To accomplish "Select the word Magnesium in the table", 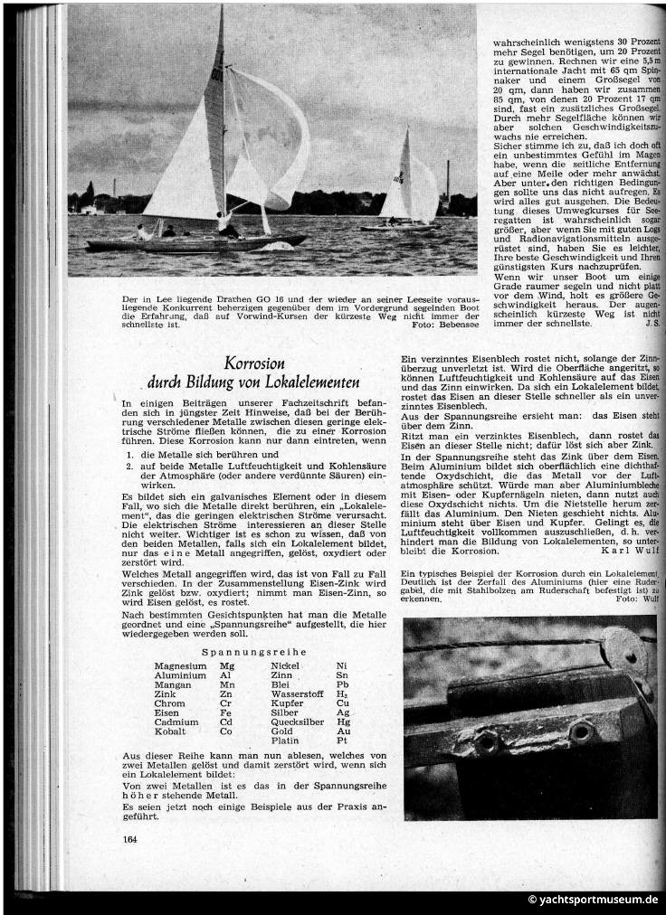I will tap(181, 665).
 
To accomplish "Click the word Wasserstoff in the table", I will tap(298, 693).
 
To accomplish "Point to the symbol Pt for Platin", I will tap(342, 740).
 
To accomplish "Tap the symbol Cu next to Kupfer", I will tap(342, 703).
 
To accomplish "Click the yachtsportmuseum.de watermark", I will tap(593, 900).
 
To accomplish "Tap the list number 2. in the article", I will tap(129, 466).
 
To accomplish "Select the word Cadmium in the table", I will tap(176, 722).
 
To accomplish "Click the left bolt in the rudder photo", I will tap(486, 740).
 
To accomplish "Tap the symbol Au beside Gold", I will tap(342, 731).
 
